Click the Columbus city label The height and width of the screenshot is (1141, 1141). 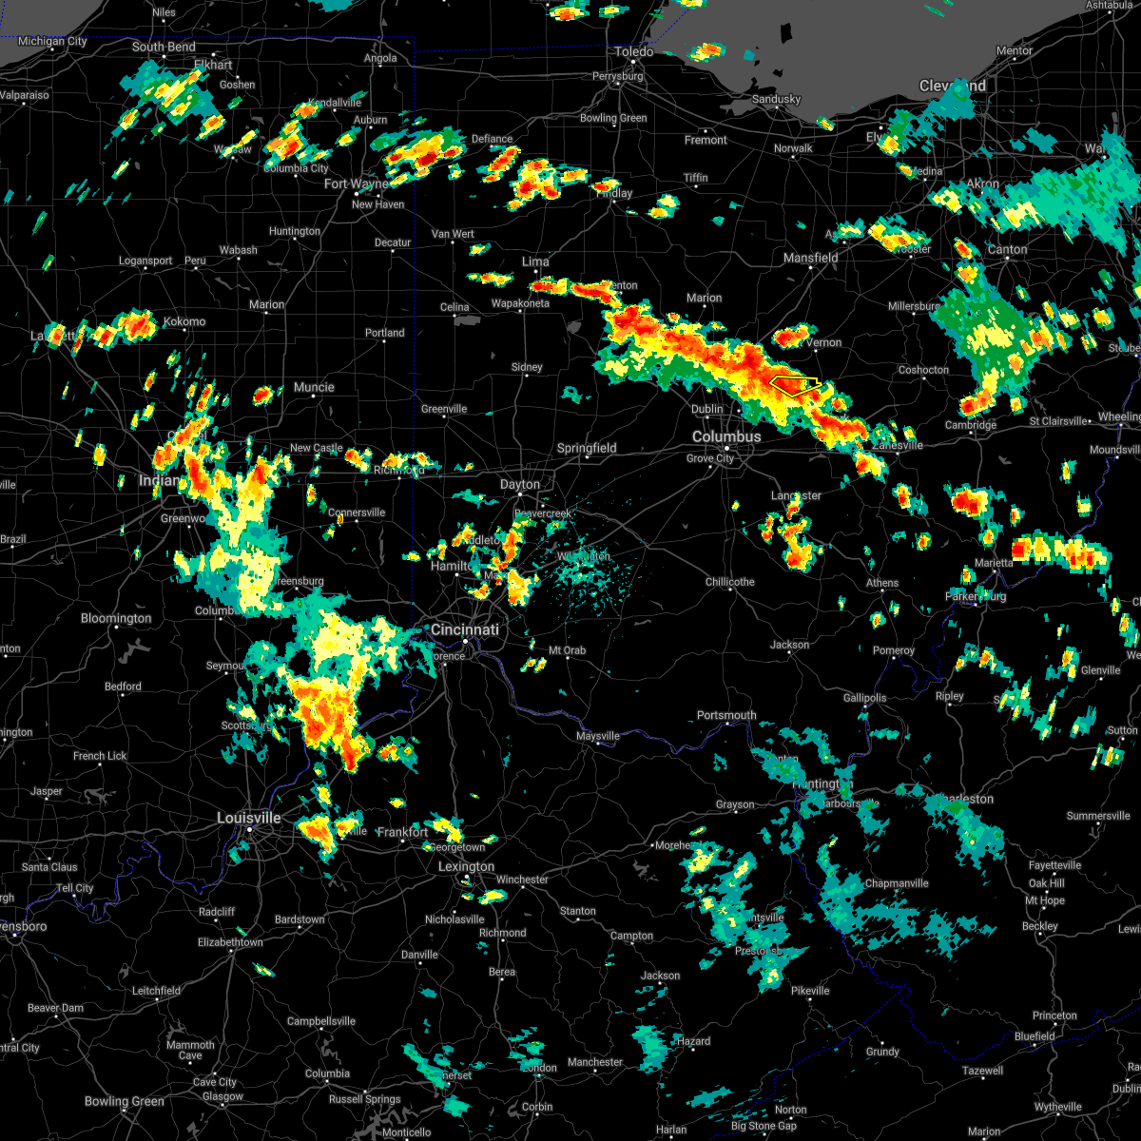click(x=726, y=436)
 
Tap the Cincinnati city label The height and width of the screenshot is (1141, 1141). click(x=465, y=629)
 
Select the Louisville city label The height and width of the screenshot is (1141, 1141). click(x=249, y=818)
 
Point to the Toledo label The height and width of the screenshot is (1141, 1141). click(x=634, y=51)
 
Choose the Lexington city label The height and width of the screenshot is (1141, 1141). click(x=466, y=866)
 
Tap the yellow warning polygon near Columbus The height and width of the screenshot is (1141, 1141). click(x=795, y=385)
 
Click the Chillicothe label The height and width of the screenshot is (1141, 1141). click(x=730, y=582)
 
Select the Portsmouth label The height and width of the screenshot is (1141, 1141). click(x=726, y=715)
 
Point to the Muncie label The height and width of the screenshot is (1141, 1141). click(x=314, y=387)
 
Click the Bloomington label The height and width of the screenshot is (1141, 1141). click(x=116, y=618)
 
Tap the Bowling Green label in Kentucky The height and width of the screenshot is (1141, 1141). click(x=125, y=1101)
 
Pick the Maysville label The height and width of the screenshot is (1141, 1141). click(x=598, y=736)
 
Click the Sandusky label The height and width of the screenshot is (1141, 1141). click(x=777, y=99)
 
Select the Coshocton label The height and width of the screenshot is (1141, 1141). click(x=923, y=370)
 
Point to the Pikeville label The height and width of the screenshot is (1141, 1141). click(x=810, y=991)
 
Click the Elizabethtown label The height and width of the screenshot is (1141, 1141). click(x=231, y=942)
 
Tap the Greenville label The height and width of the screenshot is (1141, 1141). click(x=444, y=409)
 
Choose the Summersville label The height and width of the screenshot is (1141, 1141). click(x=1098, y=816)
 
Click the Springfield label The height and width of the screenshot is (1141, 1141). click(x=587, y=448)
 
